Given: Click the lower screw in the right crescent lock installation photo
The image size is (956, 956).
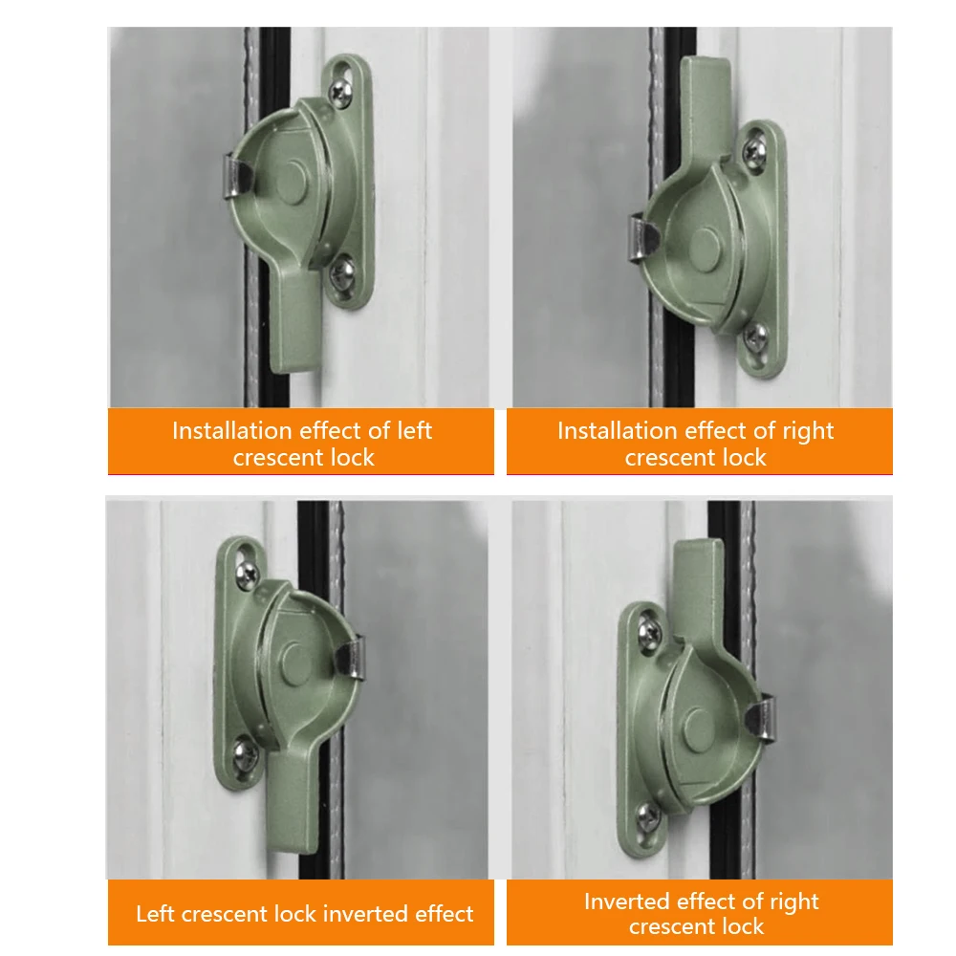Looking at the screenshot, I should (755, 335).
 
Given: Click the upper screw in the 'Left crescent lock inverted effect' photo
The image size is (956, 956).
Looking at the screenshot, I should (246, 572).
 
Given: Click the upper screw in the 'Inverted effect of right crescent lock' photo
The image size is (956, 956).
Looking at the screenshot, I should (649, 630).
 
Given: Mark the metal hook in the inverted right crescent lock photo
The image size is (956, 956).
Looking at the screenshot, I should (758, 719).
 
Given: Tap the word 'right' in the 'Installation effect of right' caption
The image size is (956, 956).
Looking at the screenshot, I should (809, 431).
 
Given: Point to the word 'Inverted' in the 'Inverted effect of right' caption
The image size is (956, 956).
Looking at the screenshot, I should (626, 902).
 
